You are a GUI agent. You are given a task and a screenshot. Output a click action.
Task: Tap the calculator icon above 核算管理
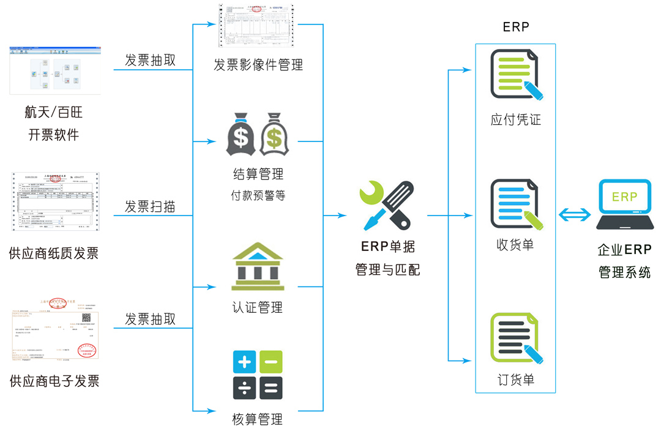(x=258, y=374)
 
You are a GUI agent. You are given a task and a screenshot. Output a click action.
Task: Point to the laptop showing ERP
(x=624, y=204)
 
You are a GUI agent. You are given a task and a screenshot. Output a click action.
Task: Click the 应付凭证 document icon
(x=516, y=75)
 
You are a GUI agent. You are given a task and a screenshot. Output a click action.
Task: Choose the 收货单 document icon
(x=516, y=203)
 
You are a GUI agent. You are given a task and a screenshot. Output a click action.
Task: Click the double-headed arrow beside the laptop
(x=575, y=214)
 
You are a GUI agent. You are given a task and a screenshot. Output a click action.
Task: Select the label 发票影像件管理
(x=258, y=65)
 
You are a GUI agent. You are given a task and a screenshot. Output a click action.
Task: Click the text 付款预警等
(x=258, y=196)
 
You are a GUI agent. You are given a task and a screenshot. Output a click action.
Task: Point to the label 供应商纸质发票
(x=54, y=253)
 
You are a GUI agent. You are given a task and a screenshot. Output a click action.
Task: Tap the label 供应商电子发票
(x=54, y=381)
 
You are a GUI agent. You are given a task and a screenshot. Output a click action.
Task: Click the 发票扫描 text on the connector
(x=150, y=207)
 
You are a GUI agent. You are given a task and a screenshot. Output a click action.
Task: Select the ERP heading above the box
(x=515, y=27)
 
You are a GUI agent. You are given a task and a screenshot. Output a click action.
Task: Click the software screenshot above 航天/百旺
(x=54, y=69)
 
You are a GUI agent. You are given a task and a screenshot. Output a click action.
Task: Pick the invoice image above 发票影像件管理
(x=257, y=26)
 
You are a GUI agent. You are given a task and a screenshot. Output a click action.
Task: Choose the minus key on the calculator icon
(x=271, y=362)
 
